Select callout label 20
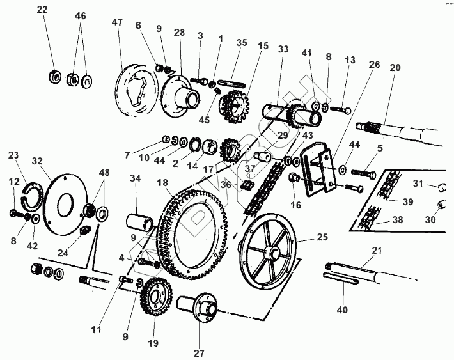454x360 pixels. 396,68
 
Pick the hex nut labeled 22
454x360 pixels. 54,79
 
